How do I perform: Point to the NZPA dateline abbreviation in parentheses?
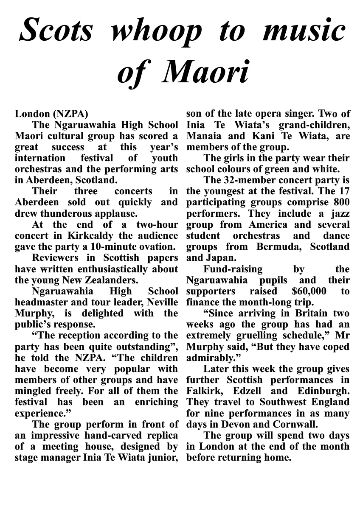70,114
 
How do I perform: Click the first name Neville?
160,302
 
